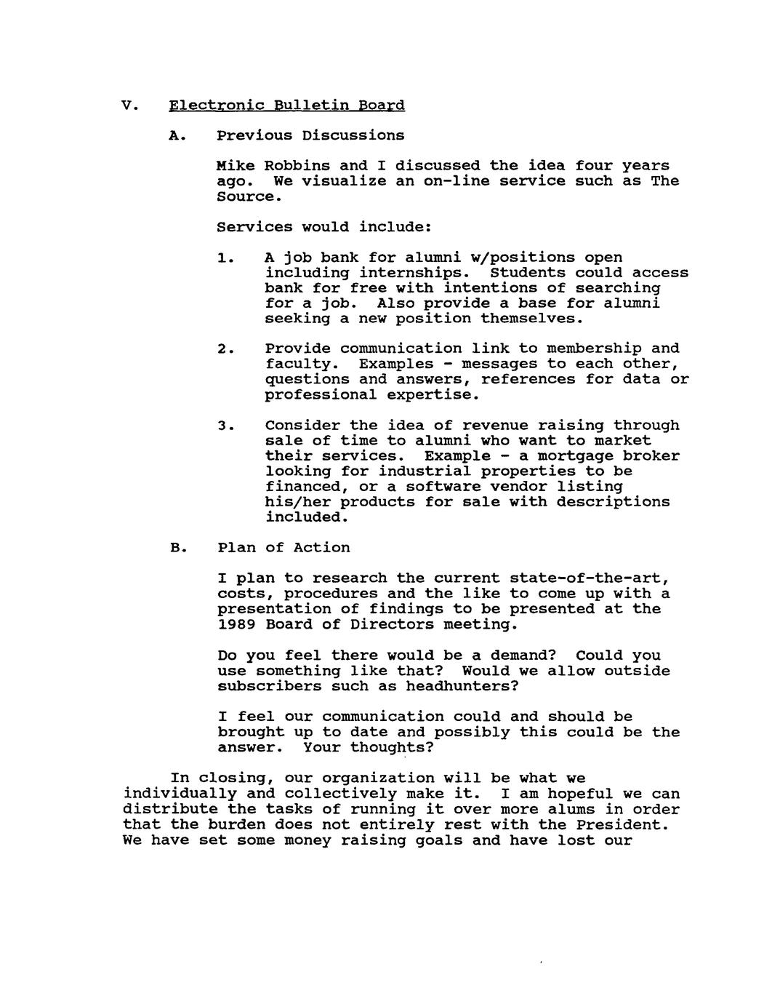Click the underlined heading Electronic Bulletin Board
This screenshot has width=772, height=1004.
click(286, 105)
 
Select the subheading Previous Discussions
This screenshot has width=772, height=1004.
click(310, 136)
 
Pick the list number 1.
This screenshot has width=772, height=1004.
click(225, 258)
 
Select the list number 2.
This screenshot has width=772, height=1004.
click(225, 349)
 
